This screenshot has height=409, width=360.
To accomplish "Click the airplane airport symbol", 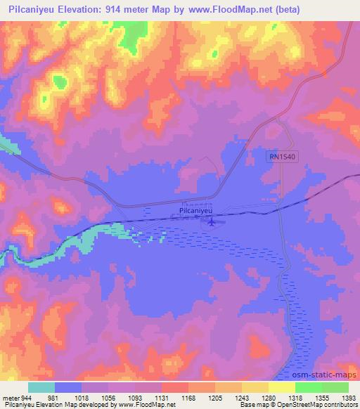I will [210, 222].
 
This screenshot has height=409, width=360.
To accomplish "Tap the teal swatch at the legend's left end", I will [41, 387].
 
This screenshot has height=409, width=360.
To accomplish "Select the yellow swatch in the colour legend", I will [281, 387].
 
